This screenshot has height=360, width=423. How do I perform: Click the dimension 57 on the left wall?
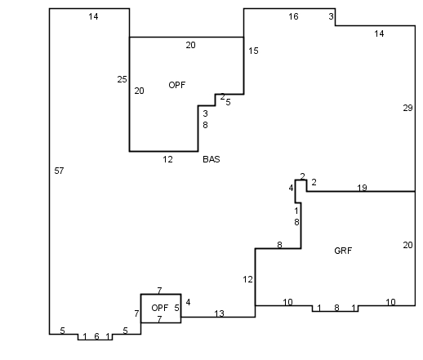[x=59, y=171]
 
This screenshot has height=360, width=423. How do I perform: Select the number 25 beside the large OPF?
[x=122, y=79]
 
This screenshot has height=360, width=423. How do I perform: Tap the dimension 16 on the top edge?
[x=293, y=16]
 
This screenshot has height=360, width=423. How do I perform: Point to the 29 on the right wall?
[x=407, y=108]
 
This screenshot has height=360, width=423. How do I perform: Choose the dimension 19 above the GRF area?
[x=362, y=188]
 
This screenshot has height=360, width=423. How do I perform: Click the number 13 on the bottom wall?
[x=219, y=313]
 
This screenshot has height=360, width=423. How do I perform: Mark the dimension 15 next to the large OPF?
[x=253, y=51]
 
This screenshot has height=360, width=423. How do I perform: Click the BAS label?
[x=211, y=159]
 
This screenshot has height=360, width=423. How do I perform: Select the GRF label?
[x=343, y=251]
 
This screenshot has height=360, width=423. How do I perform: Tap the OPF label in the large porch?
[x=177, y=85]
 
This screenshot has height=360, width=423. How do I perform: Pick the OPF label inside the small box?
[x=160, y=308]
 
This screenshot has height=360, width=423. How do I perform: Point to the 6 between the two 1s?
[x=96, y=336]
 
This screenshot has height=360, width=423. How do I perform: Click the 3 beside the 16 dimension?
[x=331, y=16]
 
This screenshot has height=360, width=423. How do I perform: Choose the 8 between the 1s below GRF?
[x=336, y=308]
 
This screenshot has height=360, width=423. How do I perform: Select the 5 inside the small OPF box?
[x=176, y=308]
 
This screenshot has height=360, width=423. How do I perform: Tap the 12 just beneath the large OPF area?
[x=167, y=159]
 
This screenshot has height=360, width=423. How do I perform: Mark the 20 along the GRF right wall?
[x=407, y=245]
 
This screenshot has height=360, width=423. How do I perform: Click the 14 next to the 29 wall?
[x=379, y=33]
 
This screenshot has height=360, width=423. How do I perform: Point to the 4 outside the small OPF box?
[x=188, y=302]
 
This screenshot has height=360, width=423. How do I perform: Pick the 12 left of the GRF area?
[x=247, y=279]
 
